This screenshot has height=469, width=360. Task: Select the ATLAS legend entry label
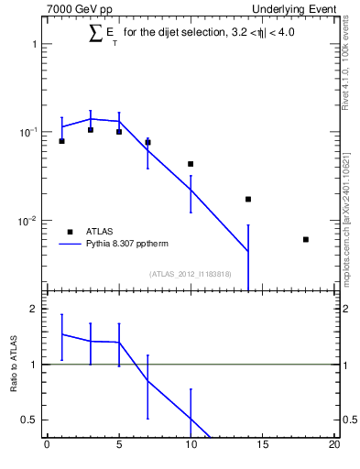coord(101,232)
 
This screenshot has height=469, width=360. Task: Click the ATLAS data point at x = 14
coord(248,199)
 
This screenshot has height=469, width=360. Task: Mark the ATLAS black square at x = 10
coord(191,164)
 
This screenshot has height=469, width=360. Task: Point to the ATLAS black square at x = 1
coord(61,141)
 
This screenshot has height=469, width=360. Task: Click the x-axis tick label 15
coord(263,446)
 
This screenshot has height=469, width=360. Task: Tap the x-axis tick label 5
coord(119,446)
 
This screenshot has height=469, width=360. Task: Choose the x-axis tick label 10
coord(191,446)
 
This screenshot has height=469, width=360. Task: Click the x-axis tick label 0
coord(47,446)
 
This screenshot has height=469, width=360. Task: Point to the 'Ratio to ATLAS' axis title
coord(13,364)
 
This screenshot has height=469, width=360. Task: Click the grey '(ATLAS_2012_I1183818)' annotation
coord(191,273)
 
